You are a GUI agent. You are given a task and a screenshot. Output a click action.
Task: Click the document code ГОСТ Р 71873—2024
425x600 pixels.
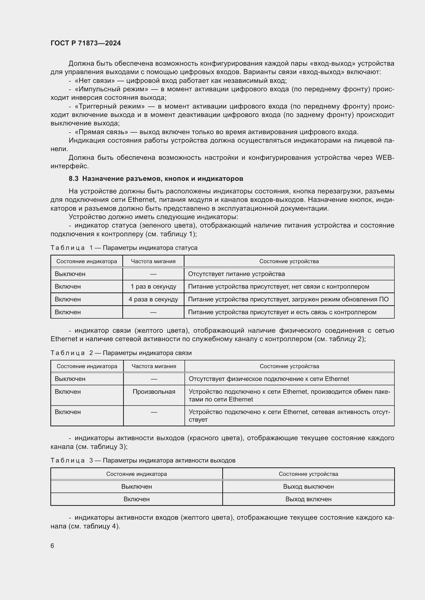(86, 43)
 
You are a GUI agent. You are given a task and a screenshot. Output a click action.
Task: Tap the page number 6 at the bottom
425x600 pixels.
(52, 546)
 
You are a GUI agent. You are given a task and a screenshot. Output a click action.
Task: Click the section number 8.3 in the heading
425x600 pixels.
(73, 179)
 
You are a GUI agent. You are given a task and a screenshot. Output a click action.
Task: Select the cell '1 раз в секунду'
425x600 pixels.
(153, 287)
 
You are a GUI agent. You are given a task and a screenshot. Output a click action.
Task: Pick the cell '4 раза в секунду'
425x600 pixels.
(153, 299)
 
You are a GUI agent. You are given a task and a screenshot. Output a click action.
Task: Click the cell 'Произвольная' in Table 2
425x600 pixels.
(154, 391)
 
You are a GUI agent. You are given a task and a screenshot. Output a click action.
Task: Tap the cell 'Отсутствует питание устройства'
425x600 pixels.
(236, 274)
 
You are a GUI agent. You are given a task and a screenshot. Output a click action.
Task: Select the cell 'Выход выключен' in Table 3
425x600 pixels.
(308, 486)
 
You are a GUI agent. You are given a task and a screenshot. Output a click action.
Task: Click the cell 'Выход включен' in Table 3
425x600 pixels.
(308, 499)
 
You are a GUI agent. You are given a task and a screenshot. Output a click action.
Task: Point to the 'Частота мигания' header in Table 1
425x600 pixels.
(153, 261)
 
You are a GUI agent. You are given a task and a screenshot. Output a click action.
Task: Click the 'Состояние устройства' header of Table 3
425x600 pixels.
(308, 474)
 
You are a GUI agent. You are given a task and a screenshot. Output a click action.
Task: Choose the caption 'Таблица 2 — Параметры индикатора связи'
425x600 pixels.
(121, 353)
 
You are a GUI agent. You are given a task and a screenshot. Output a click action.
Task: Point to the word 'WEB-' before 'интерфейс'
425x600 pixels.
(385, 158)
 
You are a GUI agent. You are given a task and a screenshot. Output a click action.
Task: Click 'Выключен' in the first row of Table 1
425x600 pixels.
(70, 274)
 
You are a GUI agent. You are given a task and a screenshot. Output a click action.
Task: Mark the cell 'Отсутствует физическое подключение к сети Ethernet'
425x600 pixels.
(269, 379)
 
